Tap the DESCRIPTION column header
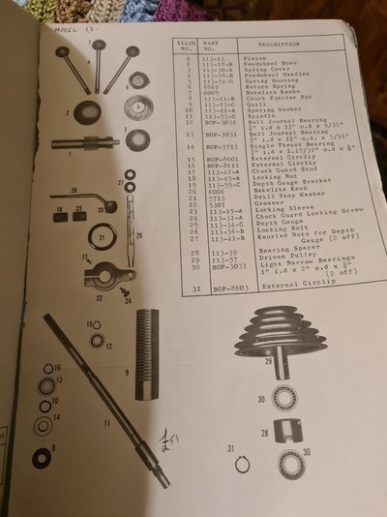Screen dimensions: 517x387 [x=279, y=45]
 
